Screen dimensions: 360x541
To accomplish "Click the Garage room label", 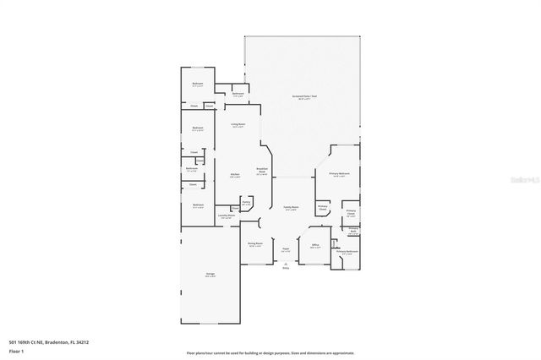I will (x=210, y=275).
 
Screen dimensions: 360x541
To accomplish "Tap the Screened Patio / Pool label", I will (x=304, y=97).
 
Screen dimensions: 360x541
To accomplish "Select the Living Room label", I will (x=238, y=125).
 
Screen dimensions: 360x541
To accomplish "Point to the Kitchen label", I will (x=235, y=176).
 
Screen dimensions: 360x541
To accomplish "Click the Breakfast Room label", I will (x=262, y=172).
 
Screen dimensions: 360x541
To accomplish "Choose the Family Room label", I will (x=292, y=210).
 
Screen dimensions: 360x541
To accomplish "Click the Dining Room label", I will (x=255, y=244).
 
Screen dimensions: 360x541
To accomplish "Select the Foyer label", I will (x=286, y=250).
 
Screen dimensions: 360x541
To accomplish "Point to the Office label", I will (x=314, y=246).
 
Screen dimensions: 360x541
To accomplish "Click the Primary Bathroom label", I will (x=347, y=252).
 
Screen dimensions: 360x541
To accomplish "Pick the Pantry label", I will (x=246, y=203).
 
